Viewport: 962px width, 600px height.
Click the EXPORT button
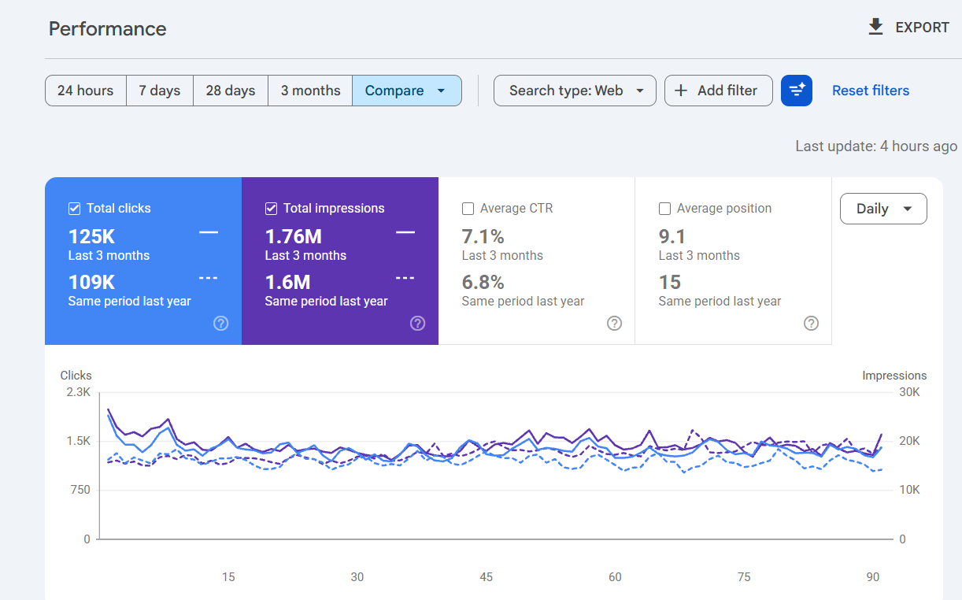tap(908, 28)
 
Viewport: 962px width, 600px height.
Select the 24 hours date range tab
tap(86, 91)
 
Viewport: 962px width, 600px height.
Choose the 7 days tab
tap(159, 91)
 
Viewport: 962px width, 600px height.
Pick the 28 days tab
tap(230, 91)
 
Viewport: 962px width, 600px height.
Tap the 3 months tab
tap(310, 91)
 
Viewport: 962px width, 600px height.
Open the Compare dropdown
tap(407, 91)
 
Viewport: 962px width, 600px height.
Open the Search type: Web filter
tap(575, 91)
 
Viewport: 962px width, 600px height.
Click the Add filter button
tap(718, 91)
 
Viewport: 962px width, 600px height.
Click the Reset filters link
tap(871, 91)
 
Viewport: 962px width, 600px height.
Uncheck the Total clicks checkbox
tap(74, 209)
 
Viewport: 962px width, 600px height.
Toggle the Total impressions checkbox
tap(271, 209)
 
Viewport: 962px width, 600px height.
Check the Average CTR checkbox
tap(468, 209)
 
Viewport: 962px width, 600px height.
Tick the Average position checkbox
tap(664, 209)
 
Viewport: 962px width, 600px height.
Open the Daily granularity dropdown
tap(883, 209)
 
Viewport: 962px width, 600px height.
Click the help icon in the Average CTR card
tap(614, 324)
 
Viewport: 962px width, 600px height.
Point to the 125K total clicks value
tap(91, 237)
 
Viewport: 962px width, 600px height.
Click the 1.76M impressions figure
tap(294, 237)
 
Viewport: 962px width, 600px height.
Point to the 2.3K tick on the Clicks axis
tap(78, 392)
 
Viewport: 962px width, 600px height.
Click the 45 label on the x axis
tap(486, 577)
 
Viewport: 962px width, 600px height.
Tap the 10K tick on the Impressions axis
tap(909, 490)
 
